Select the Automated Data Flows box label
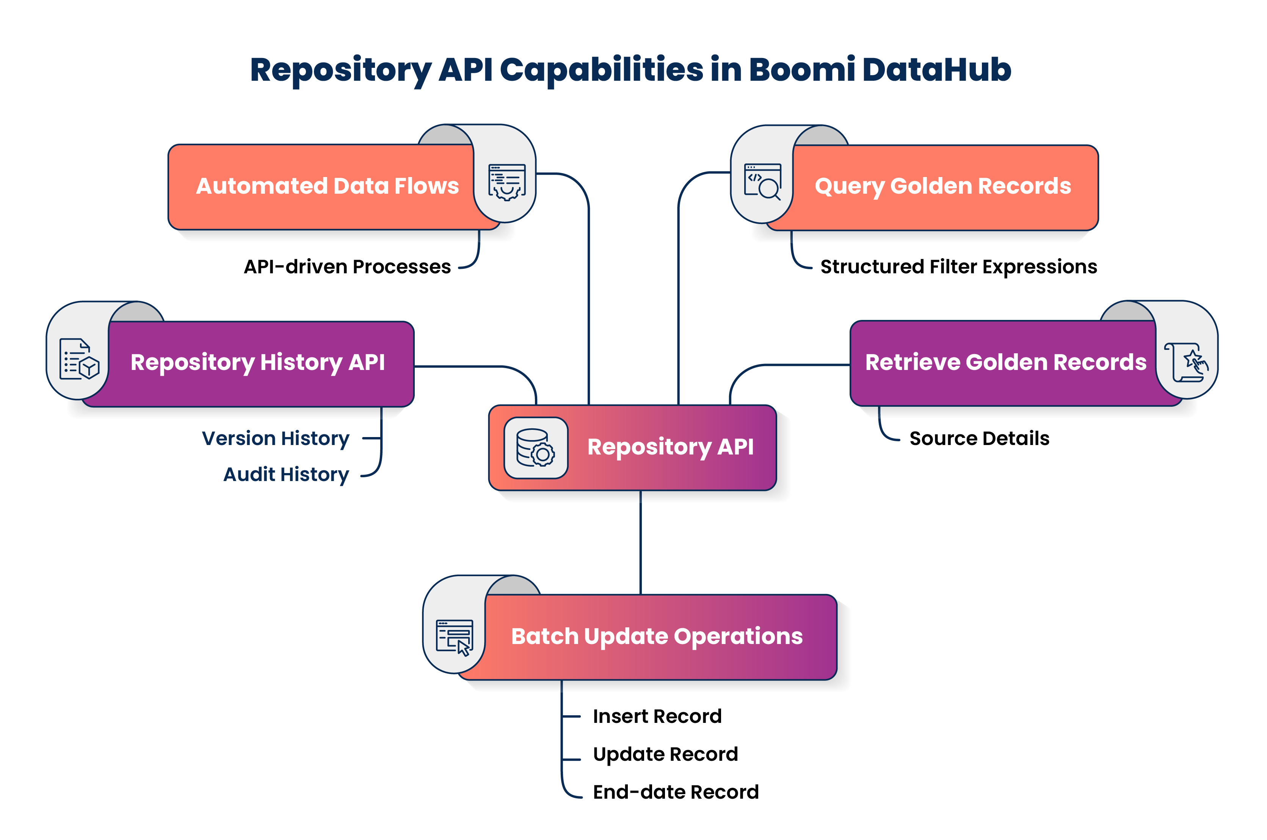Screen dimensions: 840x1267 327,186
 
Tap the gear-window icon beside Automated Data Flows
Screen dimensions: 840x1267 506,182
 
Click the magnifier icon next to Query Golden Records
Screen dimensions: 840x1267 762,182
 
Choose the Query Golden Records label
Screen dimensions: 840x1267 942,186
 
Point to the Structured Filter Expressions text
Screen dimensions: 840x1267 958,267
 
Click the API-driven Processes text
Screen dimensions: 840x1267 347,267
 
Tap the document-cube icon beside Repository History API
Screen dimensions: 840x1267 79,359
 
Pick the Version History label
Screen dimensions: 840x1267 275,438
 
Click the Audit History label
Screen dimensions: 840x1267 286,475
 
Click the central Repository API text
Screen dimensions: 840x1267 670,447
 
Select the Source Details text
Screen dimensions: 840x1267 979,438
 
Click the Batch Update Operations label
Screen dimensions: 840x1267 657,636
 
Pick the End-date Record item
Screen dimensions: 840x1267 676,792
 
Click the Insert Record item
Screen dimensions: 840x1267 657,716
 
